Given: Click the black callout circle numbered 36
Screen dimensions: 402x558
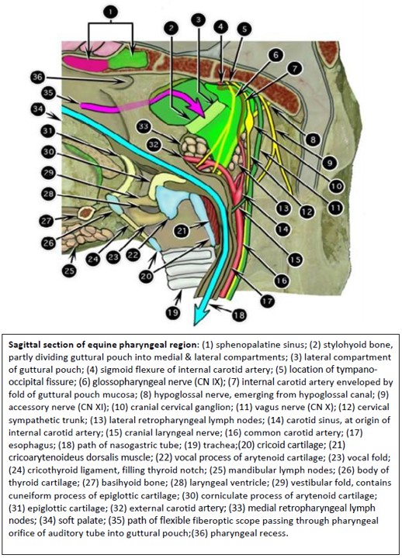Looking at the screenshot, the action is (37, 77).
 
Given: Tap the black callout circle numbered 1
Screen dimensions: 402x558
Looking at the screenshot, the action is (111, 12).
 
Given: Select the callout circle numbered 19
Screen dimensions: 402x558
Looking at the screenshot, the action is (172, 312).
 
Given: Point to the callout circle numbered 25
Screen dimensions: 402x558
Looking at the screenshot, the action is (69, 270).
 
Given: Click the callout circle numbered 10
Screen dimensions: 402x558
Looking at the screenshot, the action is (337, 185).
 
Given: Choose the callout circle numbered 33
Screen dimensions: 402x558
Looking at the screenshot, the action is (144, 127).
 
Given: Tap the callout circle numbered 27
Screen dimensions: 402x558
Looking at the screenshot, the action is (47, 221).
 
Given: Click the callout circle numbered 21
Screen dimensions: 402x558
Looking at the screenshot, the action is (182, 231).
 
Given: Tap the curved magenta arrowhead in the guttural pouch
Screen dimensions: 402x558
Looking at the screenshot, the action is (198, 109).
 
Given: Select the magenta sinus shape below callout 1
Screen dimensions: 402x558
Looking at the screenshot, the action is (85, 63).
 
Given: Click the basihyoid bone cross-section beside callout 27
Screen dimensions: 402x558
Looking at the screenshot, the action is (85, 213).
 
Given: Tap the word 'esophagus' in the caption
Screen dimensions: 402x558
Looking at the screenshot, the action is (26, 445).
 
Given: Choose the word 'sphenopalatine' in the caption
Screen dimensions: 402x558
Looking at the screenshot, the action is (242, 345).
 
